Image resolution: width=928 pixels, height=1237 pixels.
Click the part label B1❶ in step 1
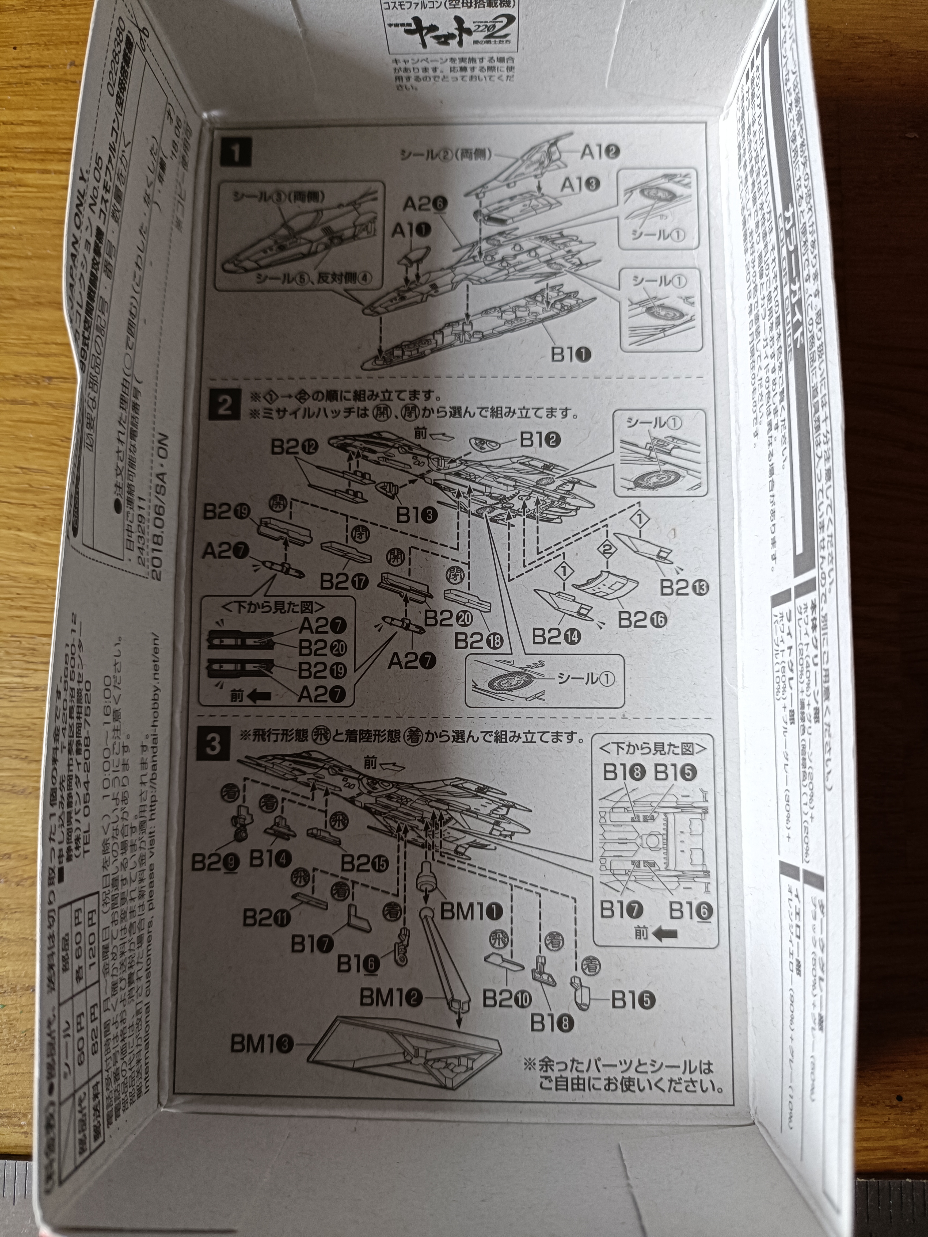point(571,354)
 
